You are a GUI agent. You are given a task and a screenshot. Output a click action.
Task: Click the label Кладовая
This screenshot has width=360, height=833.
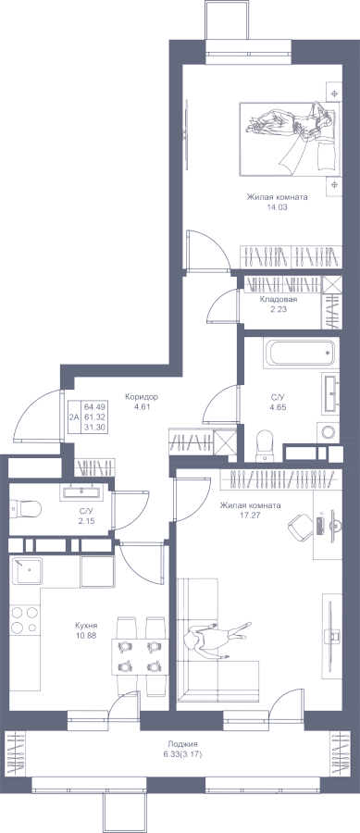click(x=278, y=300)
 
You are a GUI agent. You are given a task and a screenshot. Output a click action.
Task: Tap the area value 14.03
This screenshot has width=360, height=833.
click(x=277, y=207)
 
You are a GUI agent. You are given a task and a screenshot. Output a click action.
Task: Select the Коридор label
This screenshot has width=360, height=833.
click(x=142, y=396)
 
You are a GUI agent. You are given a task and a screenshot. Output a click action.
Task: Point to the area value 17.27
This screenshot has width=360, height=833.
click(x=251, y=515)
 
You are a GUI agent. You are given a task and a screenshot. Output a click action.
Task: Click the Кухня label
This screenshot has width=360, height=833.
click(x=86, y=626)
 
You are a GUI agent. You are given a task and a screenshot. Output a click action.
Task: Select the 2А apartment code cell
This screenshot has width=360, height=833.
click(x=73, y=417)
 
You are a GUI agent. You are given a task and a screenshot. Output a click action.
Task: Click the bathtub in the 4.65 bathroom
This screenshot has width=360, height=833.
click(x=301, y=354)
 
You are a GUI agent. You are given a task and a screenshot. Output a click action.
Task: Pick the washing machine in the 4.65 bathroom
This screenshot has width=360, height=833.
click(x=329, y=432)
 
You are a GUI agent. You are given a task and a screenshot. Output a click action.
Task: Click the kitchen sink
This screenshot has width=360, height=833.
click(x=27, y=570)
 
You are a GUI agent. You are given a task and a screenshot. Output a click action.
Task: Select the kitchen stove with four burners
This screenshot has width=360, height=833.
click(x=24, y=619)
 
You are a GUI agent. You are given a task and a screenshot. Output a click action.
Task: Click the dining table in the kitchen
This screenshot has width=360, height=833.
click(x=139, y=656)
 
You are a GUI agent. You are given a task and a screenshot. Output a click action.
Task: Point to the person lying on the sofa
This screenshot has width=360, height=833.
click(x=216, y=639)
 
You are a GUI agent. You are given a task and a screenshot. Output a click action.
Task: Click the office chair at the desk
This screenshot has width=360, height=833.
click(x=300, y=526)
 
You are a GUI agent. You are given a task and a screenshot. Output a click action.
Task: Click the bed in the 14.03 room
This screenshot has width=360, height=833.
click(x=290, y=139)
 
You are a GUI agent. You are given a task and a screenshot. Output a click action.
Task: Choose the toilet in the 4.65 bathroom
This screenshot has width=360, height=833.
click(x=264, y=446)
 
